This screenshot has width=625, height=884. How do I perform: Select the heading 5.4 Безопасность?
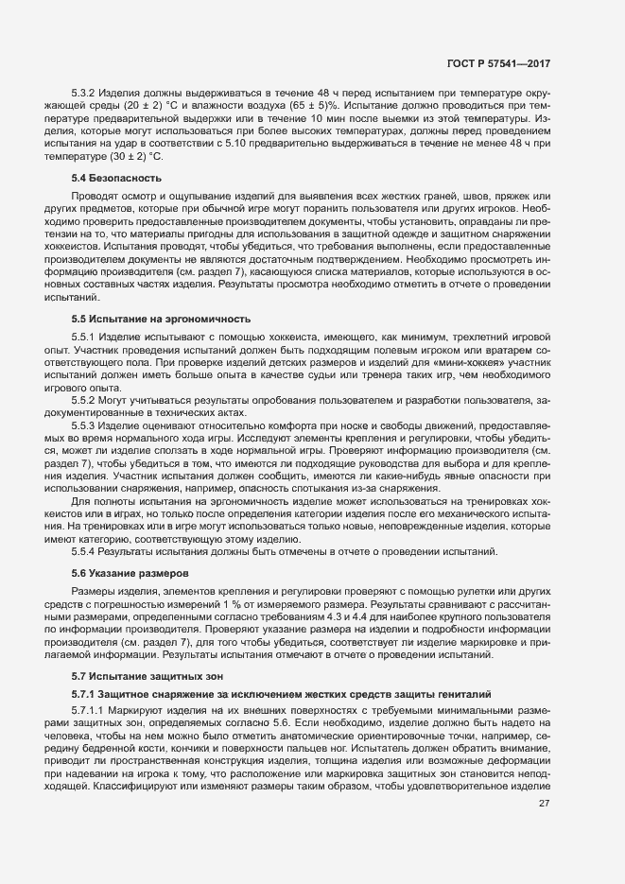(x=116, y=178)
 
